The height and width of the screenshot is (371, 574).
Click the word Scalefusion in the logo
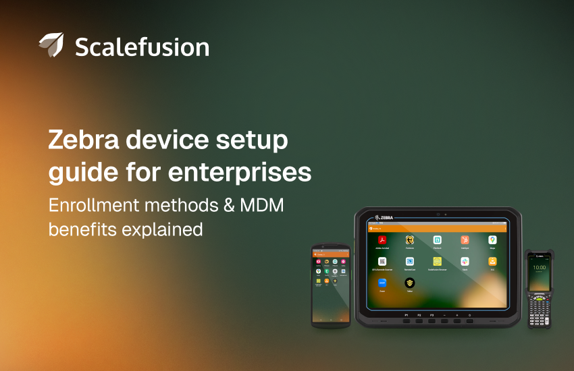coord(142,47)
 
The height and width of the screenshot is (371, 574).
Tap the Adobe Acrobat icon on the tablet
coord(382,240)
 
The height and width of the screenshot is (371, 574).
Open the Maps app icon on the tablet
coord(492,240)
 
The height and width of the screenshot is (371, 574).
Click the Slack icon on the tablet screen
coord(465,261)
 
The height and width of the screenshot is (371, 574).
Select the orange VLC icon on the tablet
coord(492,261)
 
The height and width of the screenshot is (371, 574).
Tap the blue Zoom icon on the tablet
coord(382,283)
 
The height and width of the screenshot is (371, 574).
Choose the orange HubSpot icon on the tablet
coord(465,240)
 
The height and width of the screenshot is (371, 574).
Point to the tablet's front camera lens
coord(438,214)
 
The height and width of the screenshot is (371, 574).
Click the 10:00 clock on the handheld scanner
coord(540,267)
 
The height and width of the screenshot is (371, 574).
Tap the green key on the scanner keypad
coord(533,296)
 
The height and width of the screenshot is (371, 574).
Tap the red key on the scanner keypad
coord(546,296)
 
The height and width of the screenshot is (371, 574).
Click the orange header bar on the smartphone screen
coord(330,254)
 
